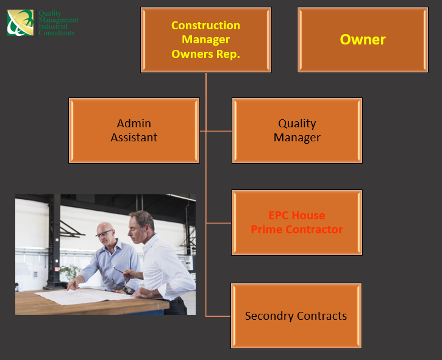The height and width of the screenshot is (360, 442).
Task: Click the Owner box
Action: click(363, 40)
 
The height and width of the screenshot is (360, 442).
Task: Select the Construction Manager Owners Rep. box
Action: click(206, 40)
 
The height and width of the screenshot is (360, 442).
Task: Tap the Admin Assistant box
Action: click(134, 130)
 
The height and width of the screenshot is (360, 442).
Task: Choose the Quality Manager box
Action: click(297, 130)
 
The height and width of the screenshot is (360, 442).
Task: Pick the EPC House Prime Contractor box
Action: click(297, 222)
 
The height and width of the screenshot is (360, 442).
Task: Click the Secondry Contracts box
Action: click(296, 316)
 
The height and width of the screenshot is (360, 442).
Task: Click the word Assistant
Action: click(134, 138)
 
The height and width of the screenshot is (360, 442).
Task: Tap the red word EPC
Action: click(279, 216)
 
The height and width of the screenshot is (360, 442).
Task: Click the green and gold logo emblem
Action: click(20, 23)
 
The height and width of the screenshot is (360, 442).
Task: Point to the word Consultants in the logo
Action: click(56, 33)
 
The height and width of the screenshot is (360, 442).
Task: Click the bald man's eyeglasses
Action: click(104, 233)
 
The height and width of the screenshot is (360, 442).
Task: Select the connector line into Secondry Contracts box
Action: click(218, 316)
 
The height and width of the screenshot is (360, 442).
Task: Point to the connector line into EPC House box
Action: click(219, 223)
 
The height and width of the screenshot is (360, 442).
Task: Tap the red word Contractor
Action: click(315, 230)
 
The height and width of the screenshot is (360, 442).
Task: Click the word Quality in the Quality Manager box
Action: click(297, 124)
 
